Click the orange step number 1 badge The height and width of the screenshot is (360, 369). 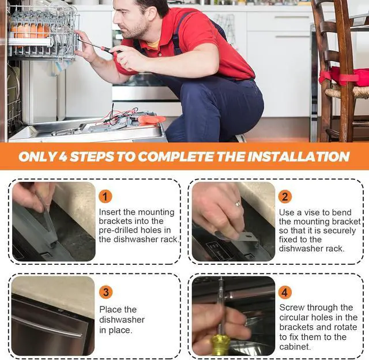(x=105, y=197)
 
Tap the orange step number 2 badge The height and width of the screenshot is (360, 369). (x=285, y=197)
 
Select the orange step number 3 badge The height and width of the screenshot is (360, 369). (x=106, y=292)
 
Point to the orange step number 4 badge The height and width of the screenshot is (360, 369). (x=285, y=292)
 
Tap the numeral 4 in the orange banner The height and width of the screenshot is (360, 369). (x=63, y=156)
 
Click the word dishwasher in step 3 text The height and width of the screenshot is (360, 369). (x=122, y=320)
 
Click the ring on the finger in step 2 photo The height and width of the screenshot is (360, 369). (x=238, y=204)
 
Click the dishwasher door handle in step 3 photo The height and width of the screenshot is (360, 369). (x=47, y=327)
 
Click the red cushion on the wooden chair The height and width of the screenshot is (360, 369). (x=344, y=77)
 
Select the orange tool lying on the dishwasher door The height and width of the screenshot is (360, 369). (x=151, y=119)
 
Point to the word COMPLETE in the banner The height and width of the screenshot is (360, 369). (x=176, y=156)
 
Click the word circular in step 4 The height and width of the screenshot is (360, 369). (x=293, y=317)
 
